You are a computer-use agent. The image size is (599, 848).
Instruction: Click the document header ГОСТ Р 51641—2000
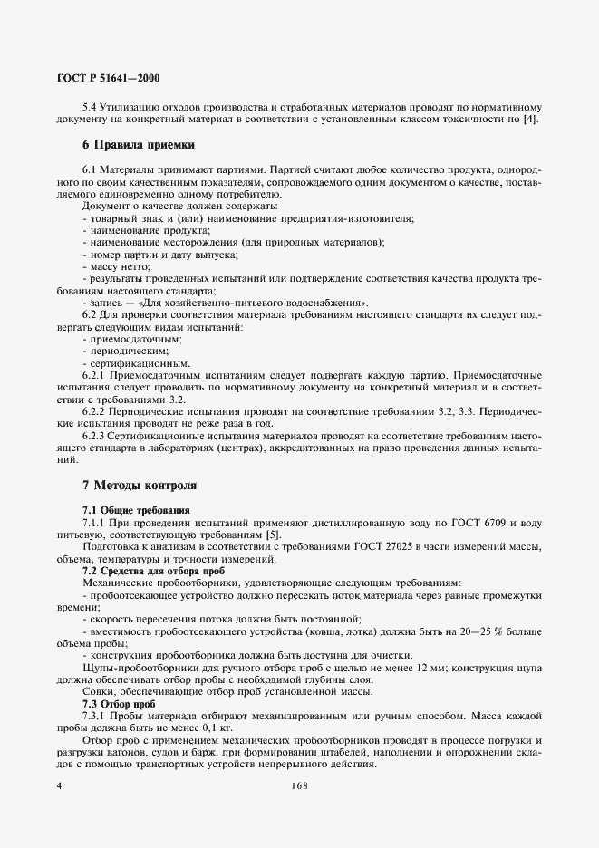click(x=109, y=79)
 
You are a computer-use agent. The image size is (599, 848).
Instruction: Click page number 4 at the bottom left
click(x=59, y=786)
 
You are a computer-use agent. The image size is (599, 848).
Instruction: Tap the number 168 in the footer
click(x=299, y=786)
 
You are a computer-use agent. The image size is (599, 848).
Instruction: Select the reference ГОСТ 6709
click(x=466, y=523)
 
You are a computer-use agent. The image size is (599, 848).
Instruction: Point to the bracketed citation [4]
click(x=533, y=119)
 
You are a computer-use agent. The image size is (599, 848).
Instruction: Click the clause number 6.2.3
click(x=96, y=434)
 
